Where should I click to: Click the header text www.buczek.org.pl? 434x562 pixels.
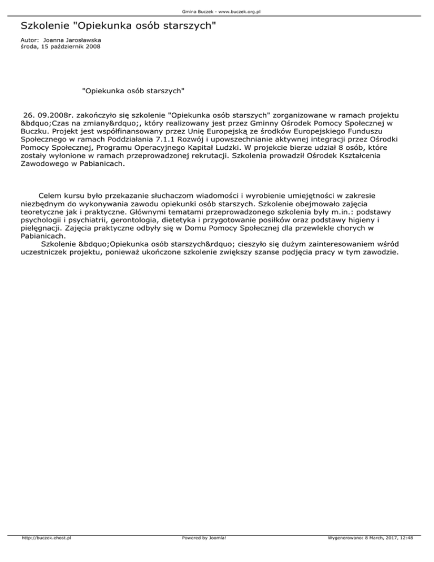pos(238,11)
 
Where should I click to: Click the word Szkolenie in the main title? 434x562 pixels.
pos(45,26)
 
